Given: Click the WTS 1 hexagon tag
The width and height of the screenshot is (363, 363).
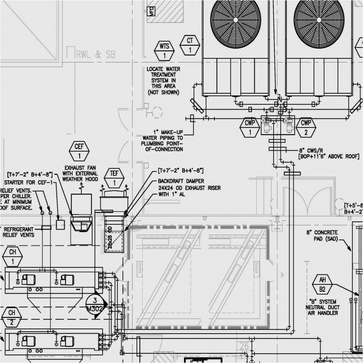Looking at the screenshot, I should (x=164, y=51).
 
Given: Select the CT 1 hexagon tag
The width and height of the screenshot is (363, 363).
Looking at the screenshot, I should (x=190, y=45).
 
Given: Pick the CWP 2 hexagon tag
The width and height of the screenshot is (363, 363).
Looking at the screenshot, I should (x=306, y=128).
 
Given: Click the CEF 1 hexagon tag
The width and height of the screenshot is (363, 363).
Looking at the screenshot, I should (x=79, y=151).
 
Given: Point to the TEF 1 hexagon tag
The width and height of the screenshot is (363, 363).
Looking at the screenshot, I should (x=114, y=178).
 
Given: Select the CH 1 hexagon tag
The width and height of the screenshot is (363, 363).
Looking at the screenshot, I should (x=12, y=257).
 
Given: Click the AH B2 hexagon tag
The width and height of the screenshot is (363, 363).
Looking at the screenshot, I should (x=322, y=285).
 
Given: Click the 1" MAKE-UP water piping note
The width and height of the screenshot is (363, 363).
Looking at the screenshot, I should (x=163, y=140).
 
